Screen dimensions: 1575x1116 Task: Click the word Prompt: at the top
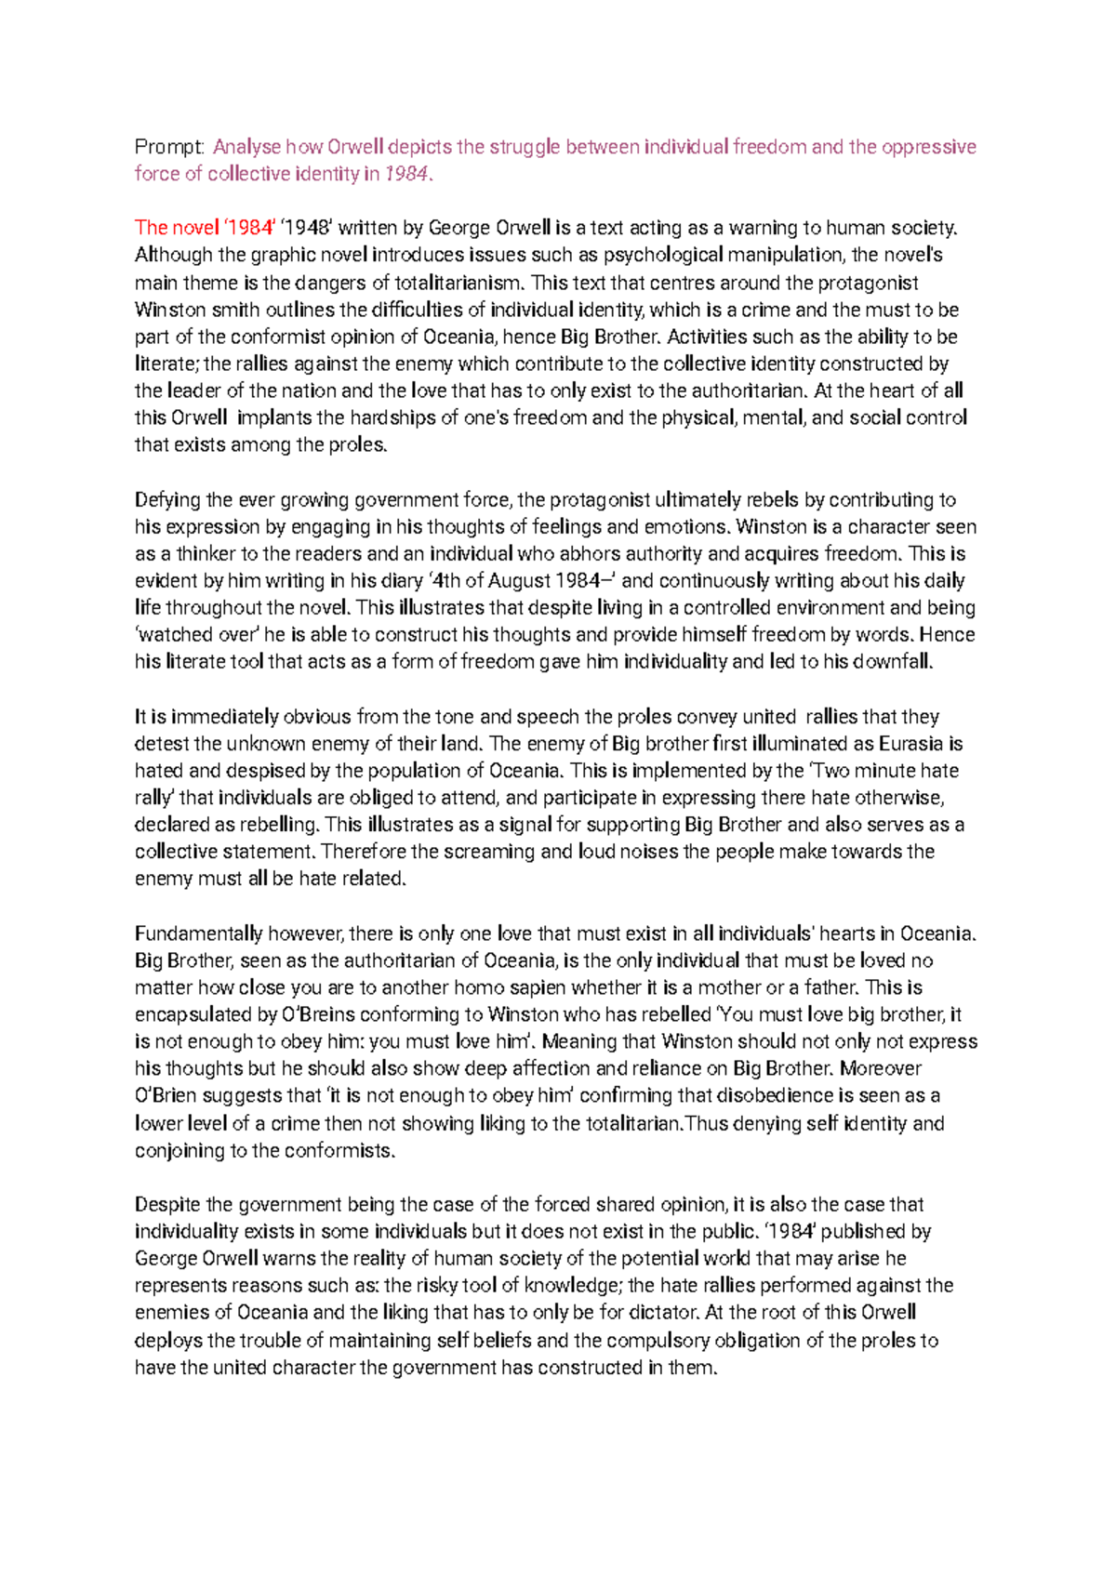(x=168, y=147)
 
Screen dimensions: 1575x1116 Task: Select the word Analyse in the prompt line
(x=246, y=147)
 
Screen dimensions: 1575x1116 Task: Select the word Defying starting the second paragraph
(x=167, y=500)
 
